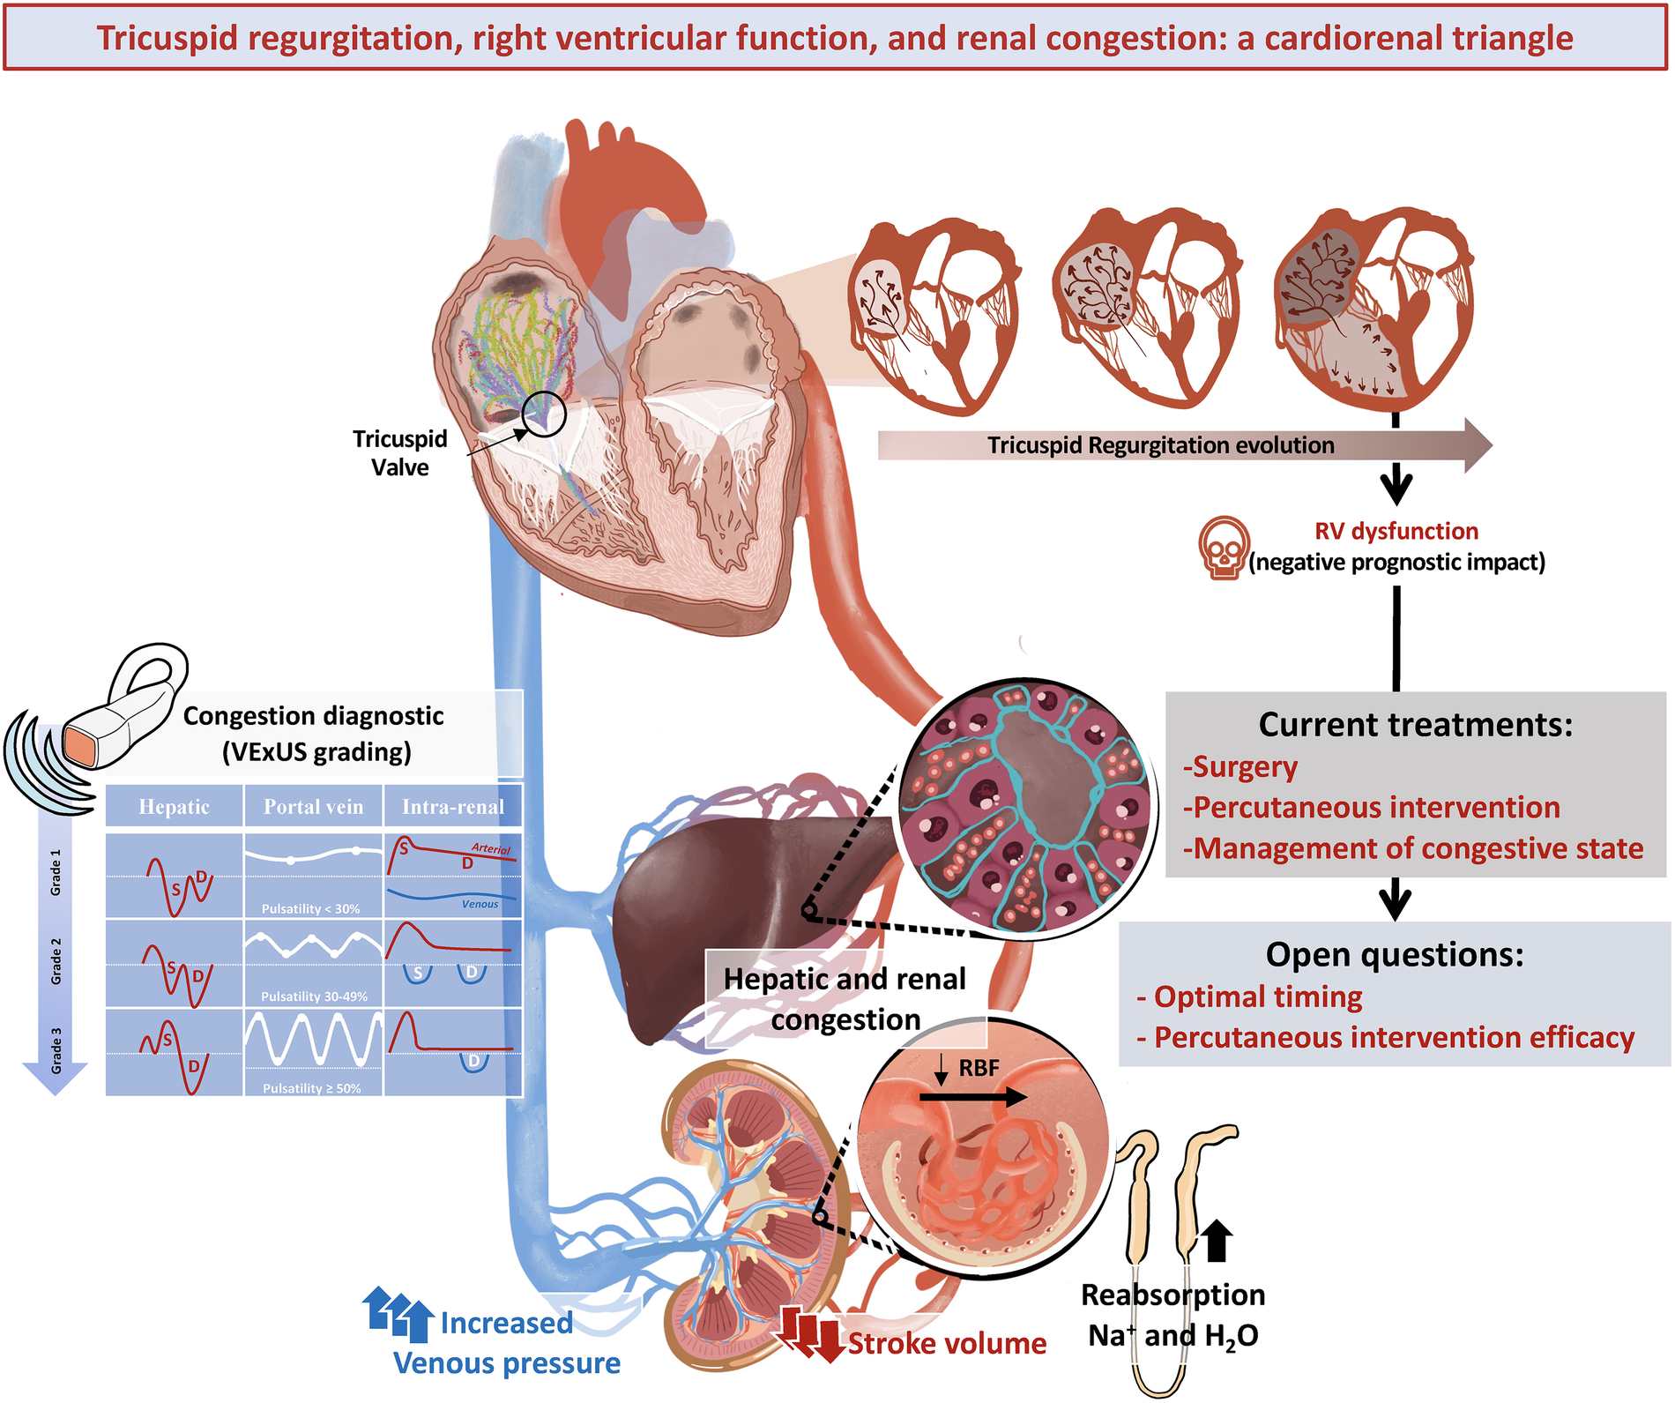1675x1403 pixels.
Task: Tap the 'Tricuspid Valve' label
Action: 399,453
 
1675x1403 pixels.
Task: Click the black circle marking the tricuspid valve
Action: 543,414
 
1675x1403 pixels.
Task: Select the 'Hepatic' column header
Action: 174,807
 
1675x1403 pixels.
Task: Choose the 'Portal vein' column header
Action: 313,807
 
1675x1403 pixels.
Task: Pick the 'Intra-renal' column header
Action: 453,807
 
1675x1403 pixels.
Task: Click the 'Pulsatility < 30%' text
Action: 310,908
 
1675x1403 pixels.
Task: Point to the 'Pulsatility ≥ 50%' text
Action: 312,1088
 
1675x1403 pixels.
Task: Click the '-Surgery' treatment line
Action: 1240,767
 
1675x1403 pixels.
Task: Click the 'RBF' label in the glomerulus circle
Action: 979,1068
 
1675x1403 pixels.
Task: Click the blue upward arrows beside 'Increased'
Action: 398,1312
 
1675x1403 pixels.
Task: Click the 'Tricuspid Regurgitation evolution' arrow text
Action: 1160,445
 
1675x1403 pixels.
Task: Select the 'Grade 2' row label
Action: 56,961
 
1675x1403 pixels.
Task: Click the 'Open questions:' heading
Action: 1394,955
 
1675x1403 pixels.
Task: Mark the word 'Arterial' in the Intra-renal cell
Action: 490,848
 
